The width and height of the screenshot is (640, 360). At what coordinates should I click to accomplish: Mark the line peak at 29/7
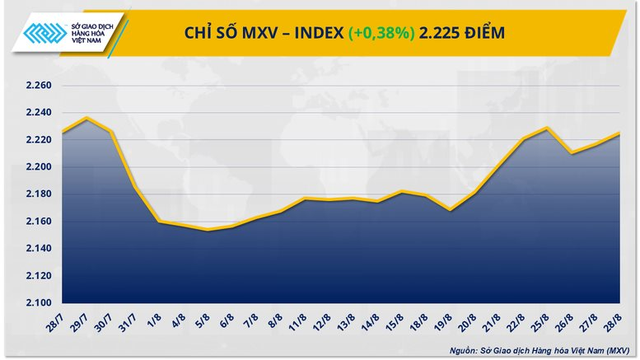(x=86, y=118)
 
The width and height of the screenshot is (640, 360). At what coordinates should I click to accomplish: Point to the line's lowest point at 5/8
(x=209, y=230)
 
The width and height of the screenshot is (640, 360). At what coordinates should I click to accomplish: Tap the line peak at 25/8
(x=545, y=128)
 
